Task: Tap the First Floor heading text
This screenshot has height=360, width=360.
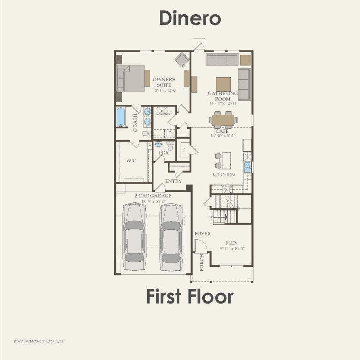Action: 189,297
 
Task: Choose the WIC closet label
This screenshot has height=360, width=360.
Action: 131,160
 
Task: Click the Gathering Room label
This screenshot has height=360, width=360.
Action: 223,96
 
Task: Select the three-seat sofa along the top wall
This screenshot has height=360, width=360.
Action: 220,59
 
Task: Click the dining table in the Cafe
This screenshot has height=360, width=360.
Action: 223,118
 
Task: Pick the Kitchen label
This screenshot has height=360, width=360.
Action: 223,175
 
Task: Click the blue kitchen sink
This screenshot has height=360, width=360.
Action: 247,167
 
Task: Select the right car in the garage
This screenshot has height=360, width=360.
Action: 171,235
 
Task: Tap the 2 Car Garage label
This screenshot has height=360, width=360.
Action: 153,196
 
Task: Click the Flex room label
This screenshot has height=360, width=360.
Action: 232,243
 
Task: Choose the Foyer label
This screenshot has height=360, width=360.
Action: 203,234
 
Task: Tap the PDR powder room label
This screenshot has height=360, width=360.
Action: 163,153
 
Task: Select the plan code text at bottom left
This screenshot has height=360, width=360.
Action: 38,340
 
